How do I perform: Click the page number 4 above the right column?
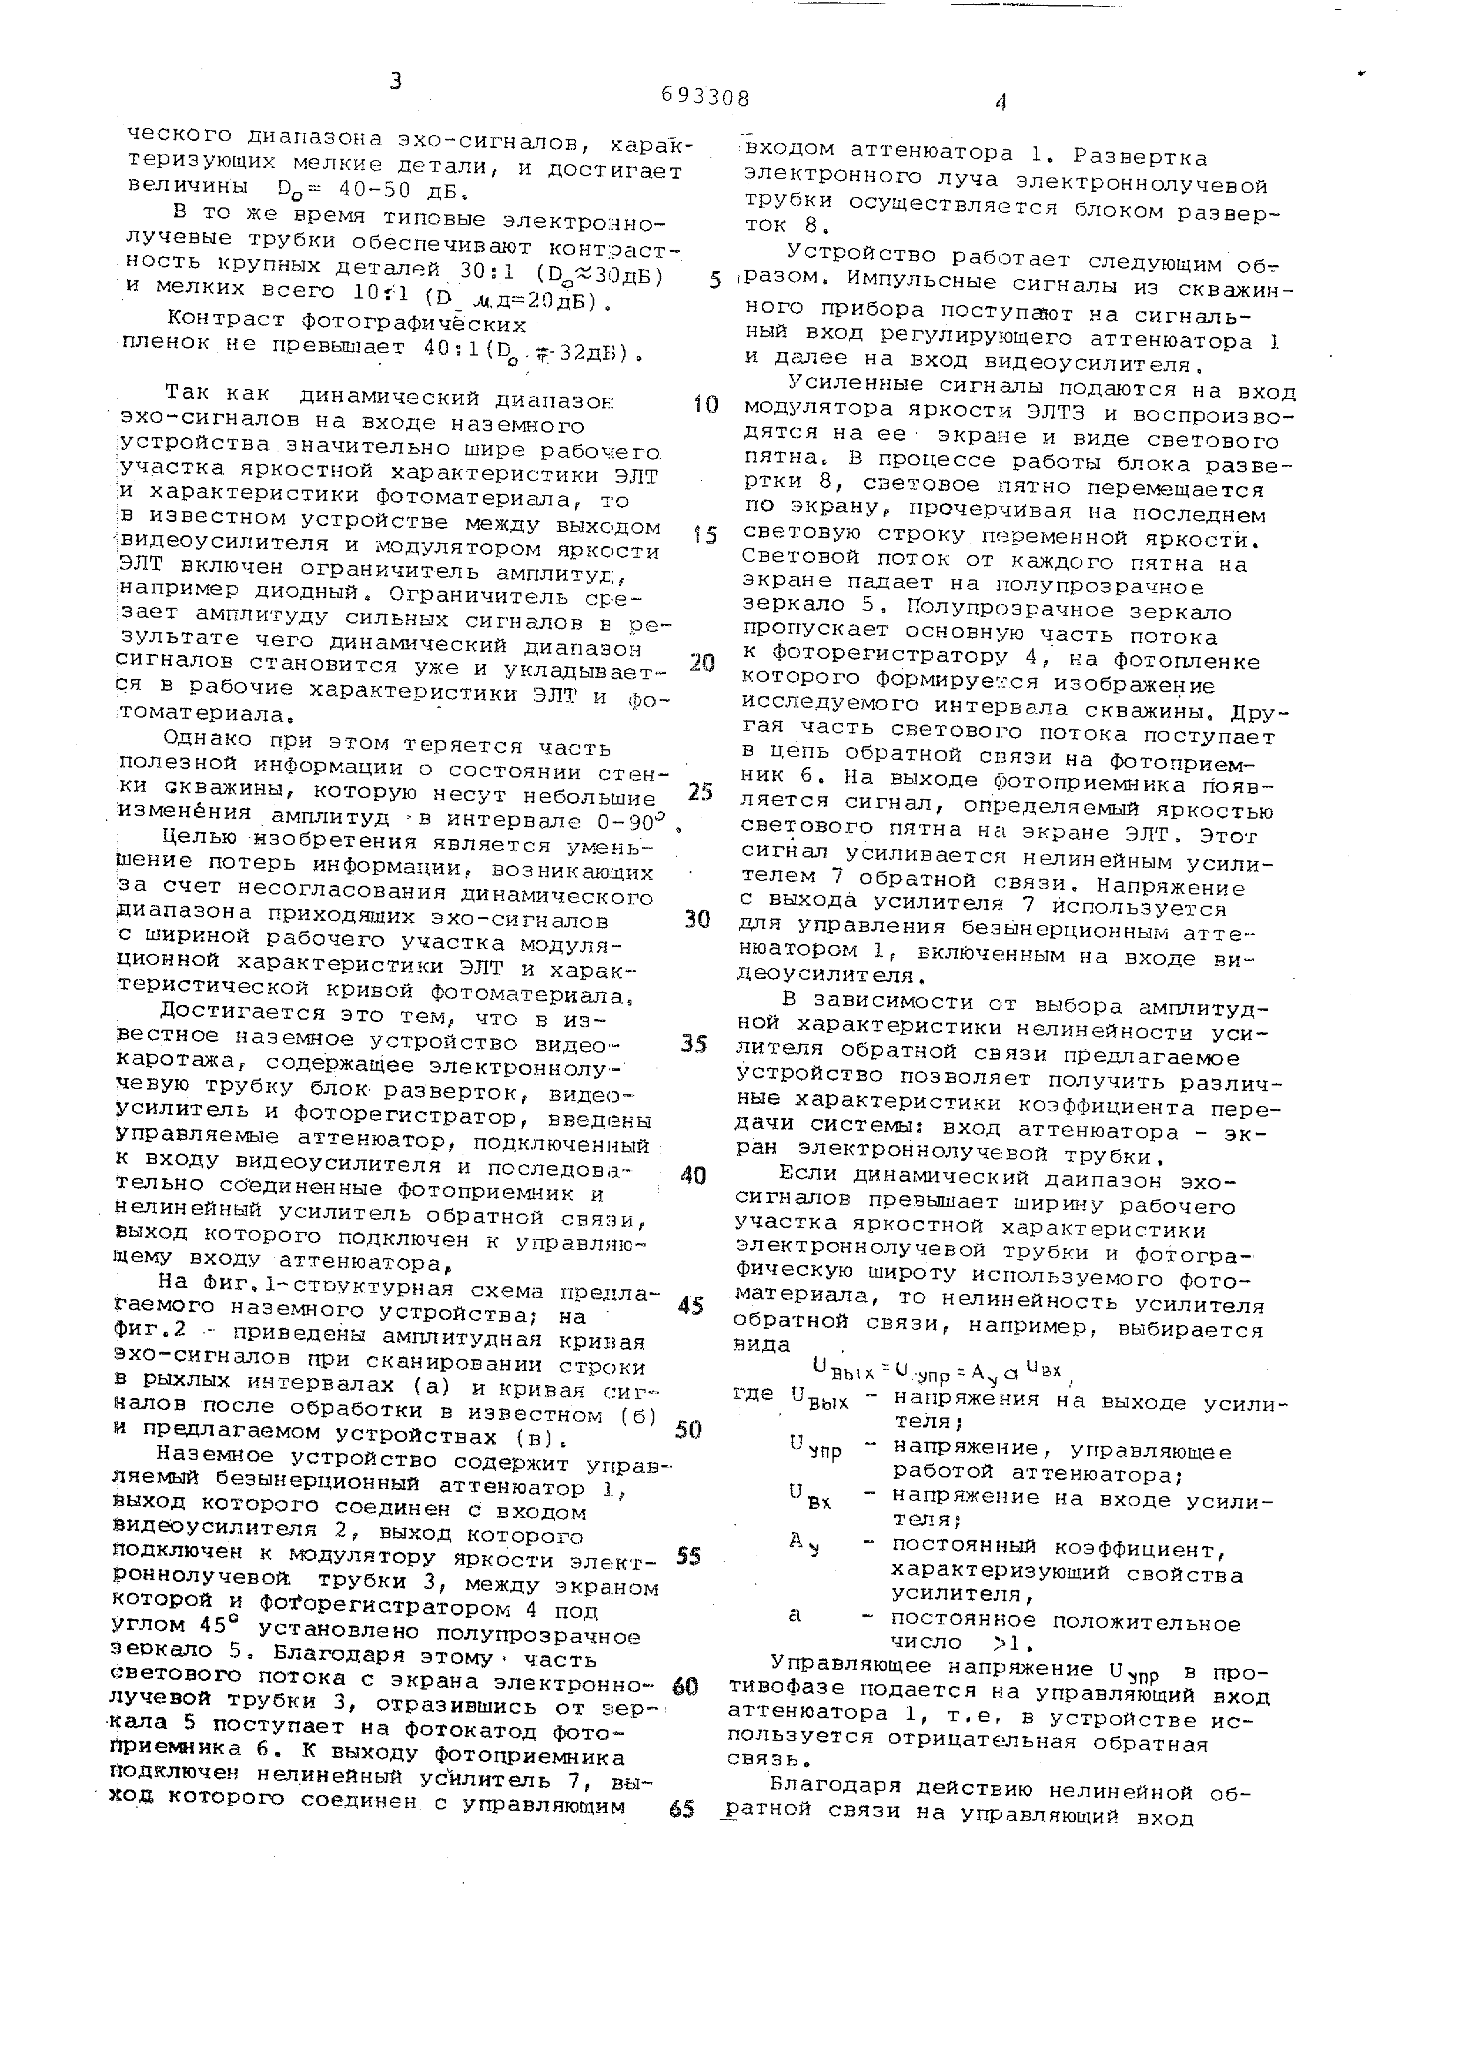(x=1000, y=102)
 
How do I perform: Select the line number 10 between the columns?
(x=705, y=406)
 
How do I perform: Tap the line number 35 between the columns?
(x=693, y=1044)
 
